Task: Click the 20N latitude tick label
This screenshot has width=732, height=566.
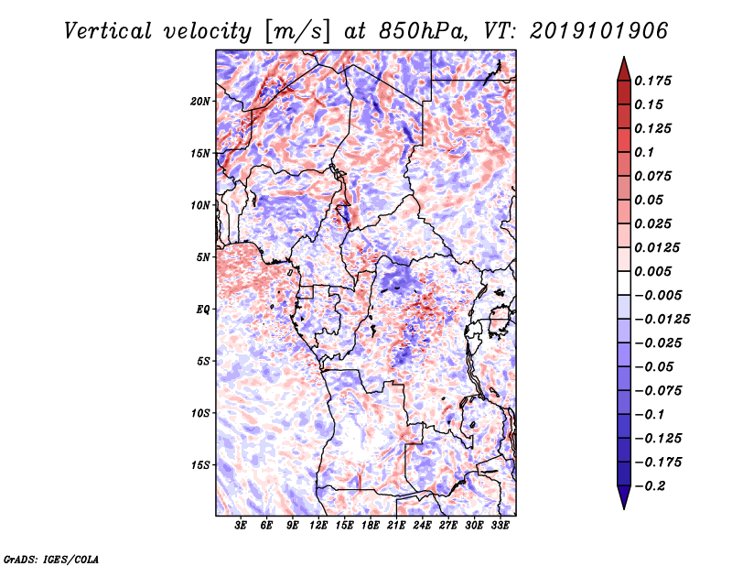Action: coord(200,101)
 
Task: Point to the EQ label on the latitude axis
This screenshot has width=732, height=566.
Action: coord(202,309)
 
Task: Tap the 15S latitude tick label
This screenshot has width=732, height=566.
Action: coord(200,464)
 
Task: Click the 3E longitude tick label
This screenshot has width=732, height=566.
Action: coord(242,526)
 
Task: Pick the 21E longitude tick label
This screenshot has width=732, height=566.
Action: coord(397,526)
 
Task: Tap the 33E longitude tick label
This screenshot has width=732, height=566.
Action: coord(500,526)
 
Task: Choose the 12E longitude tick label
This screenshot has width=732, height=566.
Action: coord(318,526)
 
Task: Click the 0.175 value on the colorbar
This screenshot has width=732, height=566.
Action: coord(654,81)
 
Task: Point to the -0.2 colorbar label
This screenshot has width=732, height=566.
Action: coord(651,485)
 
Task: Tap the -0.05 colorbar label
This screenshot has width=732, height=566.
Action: coord(654,366)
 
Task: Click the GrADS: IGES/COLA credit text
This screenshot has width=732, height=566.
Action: coord(50,558)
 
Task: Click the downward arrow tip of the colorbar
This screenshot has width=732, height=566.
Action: coord(623,506)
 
